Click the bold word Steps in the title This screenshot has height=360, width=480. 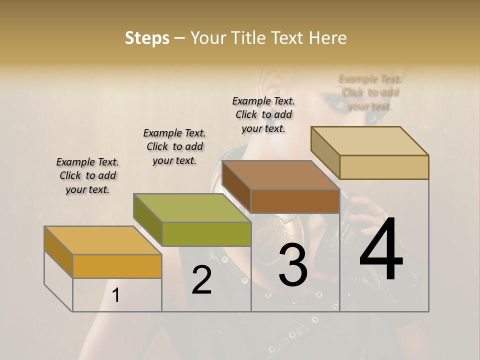[147, 38]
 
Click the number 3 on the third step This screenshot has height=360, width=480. [292, 265]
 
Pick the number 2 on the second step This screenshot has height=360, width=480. [201, 279]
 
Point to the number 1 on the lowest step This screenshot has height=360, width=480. [115, 295]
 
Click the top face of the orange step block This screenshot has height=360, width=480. [102, 240]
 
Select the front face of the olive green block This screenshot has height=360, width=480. [206, 234]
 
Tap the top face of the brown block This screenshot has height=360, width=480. [280, 175]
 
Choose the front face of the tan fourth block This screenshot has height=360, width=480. [384, 167]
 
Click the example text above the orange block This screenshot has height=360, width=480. [87, 175]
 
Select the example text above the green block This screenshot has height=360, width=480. [174, 146]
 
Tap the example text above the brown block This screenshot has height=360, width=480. [263, 114]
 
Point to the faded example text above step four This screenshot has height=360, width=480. [370, 92]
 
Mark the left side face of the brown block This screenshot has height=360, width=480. [236, 185]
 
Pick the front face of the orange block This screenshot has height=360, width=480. [117, 266]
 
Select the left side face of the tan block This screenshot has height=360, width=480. [325, 152]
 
